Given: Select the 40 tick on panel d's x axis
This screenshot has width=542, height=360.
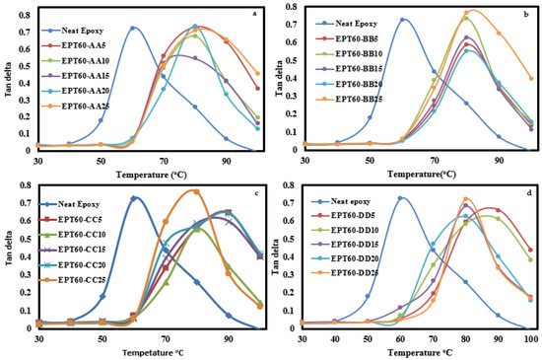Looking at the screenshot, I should (336, 338).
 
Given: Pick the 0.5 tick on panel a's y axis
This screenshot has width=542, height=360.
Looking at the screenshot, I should (22, 64).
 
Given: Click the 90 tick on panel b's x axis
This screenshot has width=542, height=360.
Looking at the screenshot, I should (499, 159).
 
